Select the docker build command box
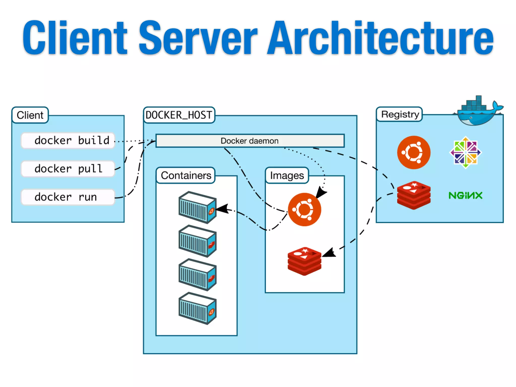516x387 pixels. coord(68,140)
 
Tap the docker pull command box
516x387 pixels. coord(68,169)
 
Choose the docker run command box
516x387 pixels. coord(68,197)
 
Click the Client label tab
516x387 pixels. coord(30,115)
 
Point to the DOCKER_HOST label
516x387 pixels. coord(179,115)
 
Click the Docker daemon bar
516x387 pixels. coord(250,141)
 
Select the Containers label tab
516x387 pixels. coord(186,175)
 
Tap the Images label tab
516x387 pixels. coord(287,175)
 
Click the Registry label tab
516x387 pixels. coord(400,114)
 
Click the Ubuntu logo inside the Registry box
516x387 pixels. coord(414,152)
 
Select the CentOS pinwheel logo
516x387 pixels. coord(466,152)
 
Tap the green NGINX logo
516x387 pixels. coord(465,196)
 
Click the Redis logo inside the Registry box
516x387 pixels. coord(414,195)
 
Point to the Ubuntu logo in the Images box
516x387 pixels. coord(304,209)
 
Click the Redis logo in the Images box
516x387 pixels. coord(304,261)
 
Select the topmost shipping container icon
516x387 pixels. coord(197,207)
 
